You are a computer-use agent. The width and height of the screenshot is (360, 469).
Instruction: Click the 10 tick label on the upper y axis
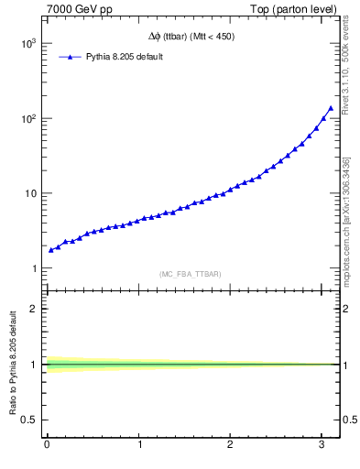[31, 193]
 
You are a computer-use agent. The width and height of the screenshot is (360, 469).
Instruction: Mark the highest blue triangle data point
[331, 108]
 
